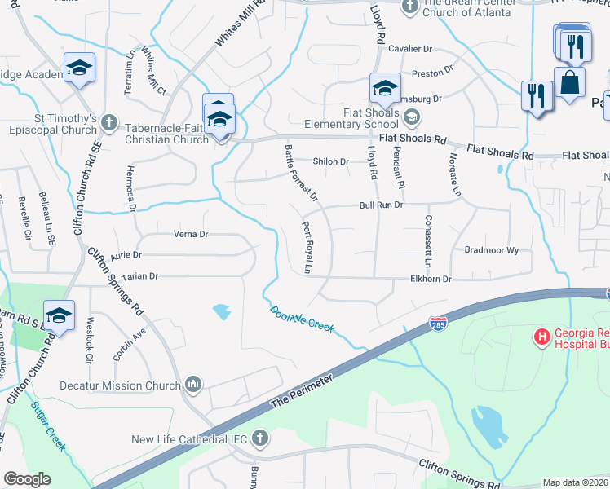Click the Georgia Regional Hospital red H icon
[x=541, y=336]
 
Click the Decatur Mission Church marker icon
[x=193, y=384]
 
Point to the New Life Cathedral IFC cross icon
[x=259, y=438]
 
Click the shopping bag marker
[x=568, y=83]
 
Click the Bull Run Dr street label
[x=381, y=205]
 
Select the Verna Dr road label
[x=192, y=235]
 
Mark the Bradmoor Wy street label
[x=491, y=251]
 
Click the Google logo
[x=27, y=479]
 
